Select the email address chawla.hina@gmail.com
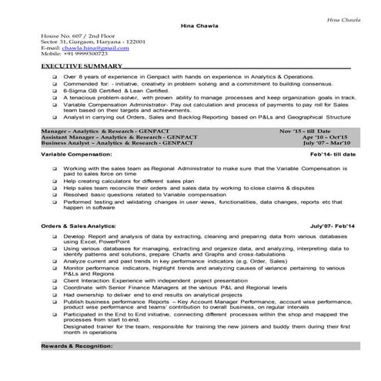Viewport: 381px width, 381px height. tap(81, 48)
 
